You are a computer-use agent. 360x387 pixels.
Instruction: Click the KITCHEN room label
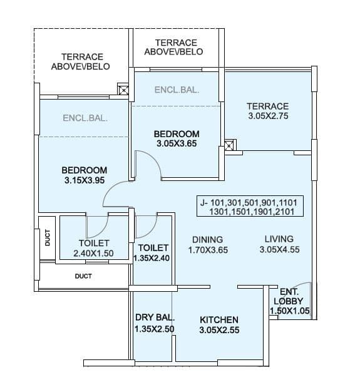pos(219,319)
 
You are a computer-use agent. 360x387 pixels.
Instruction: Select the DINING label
pos(207,239)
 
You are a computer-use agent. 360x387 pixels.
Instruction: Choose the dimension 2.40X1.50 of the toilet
pos(94,254)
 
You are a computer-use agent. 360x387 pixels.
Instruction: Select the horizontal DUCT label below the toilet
pos(83,276)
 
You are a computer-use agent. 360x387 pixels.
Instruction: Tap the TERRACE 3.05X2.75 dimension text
pos(267,116)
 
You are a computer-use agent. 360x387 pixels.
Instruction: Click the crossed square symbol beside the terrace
pos(230,147)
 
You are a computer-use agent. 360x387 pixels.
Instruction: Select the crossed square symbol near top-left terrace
pos(124,91)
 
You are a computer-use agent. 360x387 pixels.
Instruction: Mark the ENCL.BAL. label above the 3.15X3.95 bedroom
pos(85,118)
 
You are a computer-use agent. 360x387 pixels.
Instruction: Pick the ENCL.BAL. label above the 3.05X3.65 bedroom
pos(177,90)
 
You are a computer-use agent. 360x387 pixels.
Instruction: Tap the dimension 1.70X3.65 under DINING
pos(207,249)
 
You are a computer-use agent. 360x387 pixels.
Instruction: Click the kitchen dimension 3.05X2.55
pos(219,329)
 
